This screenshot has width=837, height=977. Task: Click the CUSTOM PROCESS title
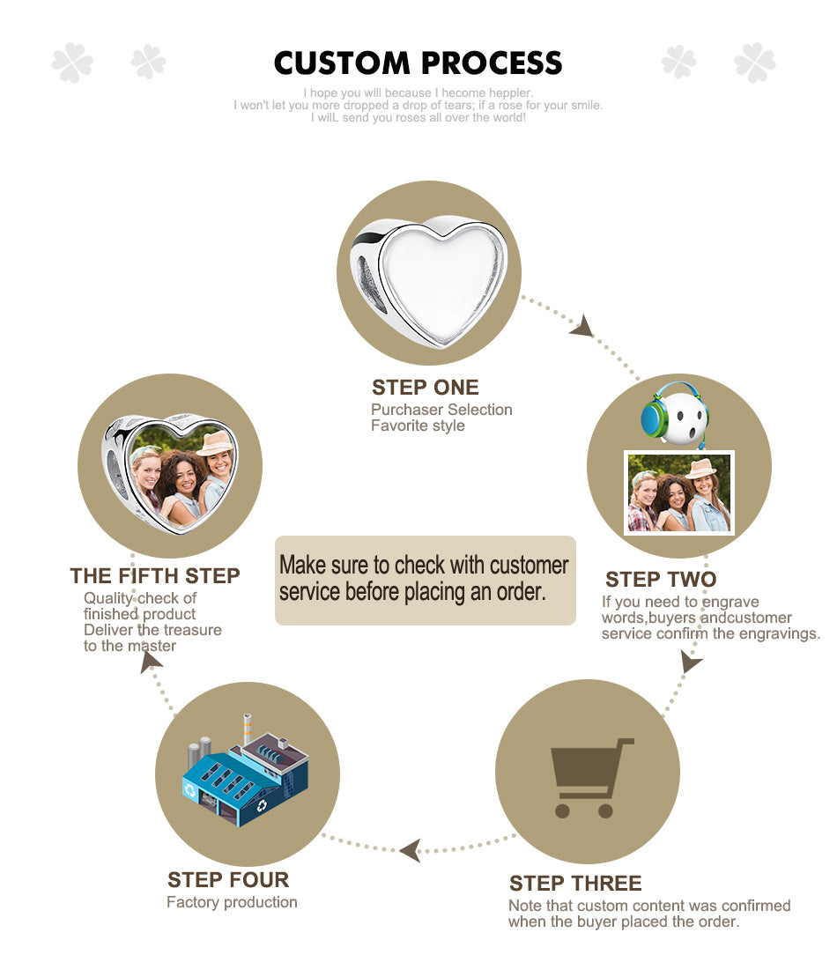pyautogui.click(x=418, y=63)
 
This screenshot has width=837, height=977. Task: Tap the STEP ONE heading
pyautogui.click(x=425, y=388)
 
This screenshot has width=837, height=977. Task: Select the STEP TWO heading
pyautogui.click(x=661, y=580)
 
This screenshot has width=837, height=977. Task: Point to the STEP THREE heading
pyautogui.click(x=575, y=884)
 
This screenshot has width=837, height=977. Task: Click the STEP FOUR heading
pyautogui.click(x=228, y=880)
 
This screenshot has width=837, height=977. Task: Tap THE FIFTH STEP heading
pyautogui.click(x=154, y=576)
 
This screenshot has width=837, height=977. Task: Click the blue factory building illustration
pyautogui.click(x=245, y=772)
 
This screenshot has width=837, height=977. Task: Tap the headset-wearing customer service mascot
pyautogui.click(x=676, y=414)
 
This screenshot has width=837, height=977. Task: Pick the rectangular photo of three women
pyautogui.click(x=679, y=492)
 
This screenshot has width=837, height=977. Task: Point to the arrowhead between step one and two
pyautogui.click(x=582, y=326)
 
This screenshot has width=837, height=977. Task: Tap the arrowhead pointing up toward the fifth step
pyautogui.click(x=151, y=661)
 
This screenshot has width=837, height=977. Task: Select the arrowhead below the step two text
pyautogui.click(x=691, y=662)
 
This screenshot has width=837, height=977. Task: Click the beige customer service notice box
pyautogui.click(x=425, y=580)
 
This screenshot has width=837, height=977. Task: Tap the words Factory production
pyautogui.click(x=232, y=902)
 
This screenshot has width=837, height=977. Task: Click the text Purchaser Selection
pyautogui.click(x=441, y=410)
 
